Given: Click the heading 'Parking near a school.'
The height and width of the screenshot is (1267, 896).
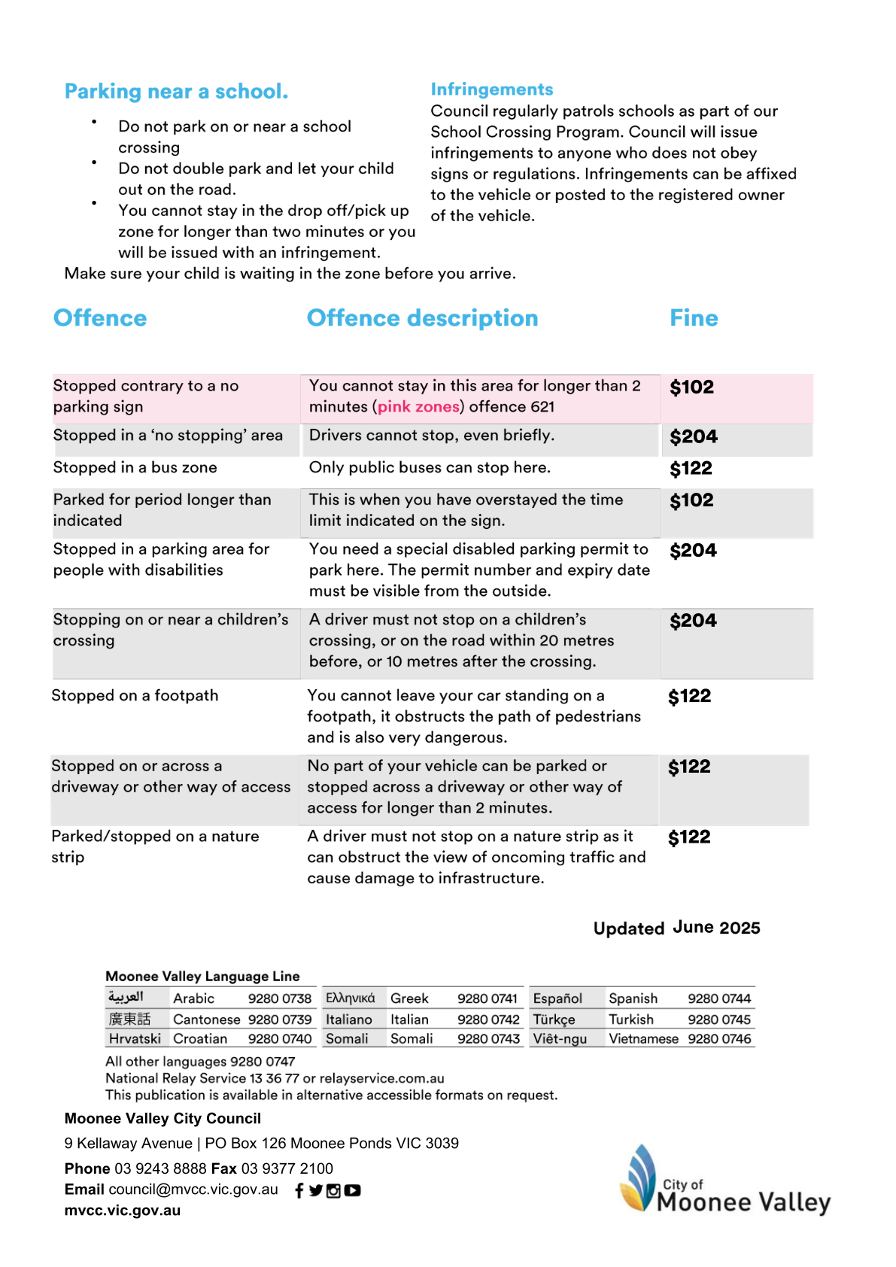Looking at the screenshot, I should [x=176, y=92].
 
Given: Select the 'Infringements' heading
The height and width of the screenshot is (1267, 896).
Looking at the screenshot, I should [x=491, y=90].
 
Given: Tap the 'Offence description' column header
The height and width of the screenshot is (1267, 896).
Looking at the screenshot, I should [x=422, y=318].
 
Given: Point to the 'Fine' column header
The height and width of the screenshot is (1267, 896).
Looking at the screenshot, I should [x=694, y=318].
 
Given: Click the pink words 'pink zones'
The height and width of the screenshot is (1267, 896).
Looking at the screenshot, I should [x=418, y=407].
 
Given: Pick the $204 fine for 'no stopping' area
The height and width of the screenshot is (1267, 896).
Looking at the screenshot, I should [x=694, y=437].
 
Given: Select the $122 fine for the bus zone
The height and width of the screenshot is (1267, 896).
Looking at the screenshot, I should [x=691, y=469].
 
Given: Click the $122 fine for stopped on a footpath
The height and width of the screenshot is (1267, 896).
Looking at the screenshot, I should [x=689, y=697].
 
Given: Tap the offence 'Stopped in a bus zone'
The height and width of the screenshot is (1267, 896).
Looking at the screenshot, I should [x=135, y=468].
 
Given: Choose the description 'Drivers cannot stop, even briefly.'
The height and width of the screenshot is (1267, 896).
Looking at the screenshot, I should [x=431, y=436].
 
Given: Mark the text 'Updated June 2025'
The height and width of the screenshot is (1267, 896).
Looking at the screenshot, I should [x=676, y=928].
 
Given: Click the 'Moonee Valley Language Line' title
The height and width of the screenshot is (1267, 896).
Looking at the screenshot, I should [x=202, y=977].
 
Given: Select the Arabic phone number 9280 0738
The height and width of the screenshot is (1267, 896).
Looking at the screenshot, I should [x=280, y=998].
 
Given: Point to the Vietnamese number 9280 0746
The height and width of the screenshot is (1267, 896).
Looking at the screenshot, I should [x=719, y=1039].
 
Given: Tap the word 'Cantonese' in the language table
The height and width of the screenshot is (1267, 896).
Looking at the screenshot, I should [x=206, y=1019].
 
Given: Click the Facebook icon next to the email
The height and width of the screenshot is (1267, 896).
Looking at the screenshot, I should [x=299, y=1190].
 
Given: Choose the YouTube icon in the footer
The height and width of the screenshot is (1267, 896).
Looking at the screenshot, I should [x=352, y=1190].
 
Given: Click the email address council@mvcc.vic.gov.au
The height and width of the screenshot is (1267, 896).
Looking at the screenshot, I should [x=193, y=1190].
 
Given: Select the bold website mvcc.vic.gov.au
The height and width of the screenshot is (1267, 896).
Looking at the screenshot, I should [x=123, y=1211].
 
